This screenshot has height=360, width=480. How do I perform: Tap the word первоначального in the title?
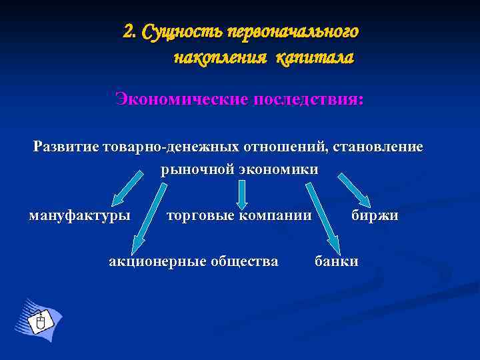(293, 32)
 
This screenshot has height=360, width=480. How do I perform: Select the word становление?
(375, 146)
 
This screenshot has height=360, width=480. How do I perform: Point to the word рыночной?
(197, 169)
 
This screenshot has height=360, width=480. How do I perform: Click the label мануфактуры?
(80, 216)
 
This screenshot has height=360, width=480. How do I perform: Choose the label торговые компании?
(239, 216)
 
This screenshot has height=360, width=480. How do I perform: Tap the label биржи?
(375, 216)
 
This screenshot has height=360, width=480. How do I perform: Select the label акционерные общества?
(193, 261)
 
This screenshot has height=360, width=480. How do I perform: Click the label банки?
(337, 261)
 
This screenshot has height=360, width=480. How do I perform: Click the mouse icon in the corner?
(39, 323)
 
